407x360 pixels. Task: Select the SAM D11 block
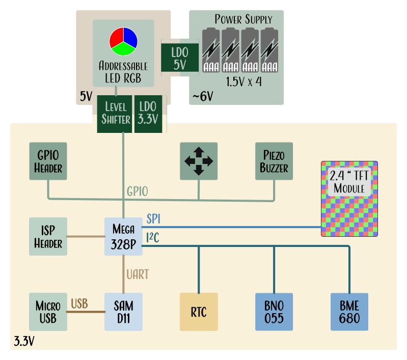coord(123,312)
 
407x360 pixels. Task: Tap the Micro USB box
coord(48,312)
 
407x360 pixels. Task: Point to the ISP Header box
coord(48,236)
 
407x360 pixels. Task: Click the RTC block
coord(199,312)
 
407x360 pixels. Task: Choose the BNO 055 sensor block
coord(274,312)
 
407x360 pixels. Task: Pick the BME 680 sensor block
coord(349,312)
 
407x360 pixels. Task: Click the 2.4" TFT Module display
coord(349,199)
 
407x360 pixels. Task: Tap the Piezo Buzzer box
coord(274,161)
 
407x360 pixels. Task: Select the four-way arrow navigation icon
coord(199,161)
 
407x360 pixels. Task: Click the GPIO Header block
coord(48,161)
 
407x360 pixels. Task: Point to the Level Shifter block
coord(115,113)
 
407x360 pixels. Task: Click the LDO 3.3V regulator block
coord(148,113)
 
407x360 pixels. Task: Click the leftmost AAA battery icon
coord(211,51)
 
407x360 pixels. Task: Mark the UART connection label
coord(138,274)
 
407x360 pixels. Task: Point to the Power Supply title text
coord(243,19)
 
